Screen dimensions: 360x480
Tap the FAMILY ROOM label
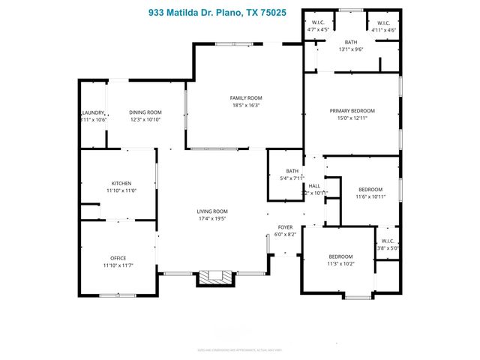click(x=245, y=98)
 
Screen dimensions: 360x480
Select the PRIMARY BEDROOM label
click(x=352, y=110)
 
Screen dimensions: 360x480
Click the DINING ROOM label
click(x=145, y=112)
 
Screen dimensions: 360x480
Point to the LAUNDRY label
click(x=94, y=112)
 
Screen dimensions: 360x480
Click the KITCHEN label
click(x=121, y=184)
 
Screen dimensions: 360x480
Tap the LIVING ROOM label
click(x=212, y=211)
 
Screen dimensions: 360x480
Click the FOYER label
click(x=285, y=226)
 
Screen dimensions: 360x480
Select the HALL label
click(x=314, y=185)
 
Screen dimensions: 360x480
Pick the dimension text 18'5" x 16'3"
click(x=245, y=106)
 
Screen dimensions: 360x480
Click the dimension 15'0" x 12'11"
click(x=352, y=118)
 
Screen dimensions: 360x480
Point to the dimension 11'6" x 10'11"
click(x=370, y=196)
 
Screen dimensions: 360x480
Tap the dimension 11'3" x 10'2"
click(x=340, y=264)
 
